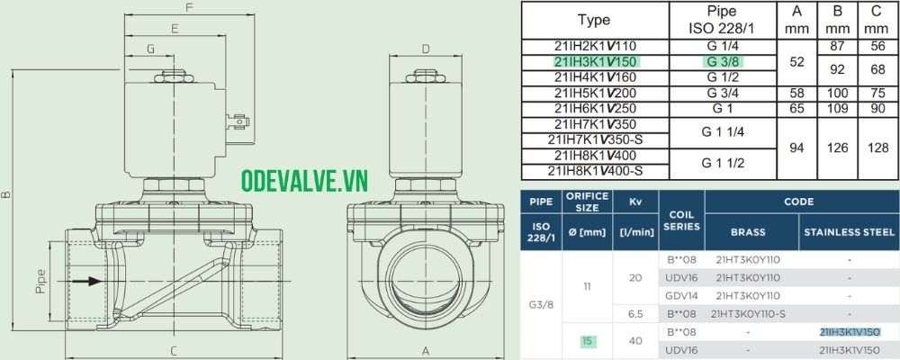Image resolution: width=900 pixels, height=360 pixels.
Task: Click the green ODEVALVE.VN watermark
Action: (304, 181)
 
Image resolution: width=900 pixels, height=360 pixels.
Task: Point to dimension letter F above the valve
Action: (189, 8)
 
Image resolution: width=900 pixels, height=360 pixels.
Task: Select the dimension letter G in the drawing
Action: (150, 49)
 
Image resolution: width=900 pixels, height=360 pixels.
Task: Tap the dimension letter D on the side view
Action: (426, 49)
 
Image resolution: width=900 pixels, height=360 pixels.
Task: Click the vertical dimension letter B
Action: (6, 195)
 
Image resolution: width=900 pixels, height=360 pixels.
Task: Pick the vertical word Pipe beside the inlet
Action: (40, 283)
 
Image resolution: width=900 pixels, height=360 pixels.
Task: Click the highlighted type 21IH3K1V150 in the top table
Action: (595, 62)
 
